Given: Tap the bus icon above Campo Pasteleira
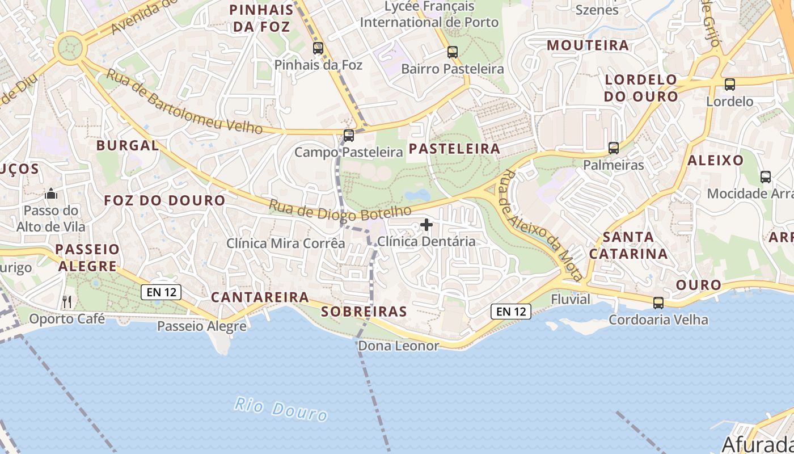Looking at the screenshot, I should coord(349,136).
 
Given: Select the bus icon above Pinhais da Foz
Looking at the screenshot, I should coord(318,48).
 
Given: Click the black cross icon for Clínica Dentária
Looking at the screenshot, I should coord(426,225).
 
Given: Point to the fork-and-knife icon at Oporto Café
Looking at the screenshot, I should coord(67,301).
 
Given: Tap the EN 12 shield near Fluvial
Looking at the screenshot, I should coord(511,311).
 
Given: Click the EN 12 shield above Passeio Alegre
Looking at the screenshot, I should coord(161,292).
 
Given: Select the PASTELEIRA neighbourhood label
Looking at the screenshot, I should coord(454,149).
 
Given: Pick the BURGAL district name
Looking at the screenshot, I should coord(128,145).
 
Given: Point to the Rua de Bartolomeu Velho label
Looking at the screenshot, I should coord(184,102).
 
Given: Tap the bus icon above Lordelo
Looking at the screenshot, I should coord(730,85).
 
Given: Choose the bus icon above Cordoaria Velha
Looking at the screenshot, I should coord(658,302).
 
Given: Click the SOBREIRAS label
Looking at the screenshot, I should coord(364,312).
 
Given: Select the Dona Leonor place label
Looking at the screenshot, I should coord(399,346).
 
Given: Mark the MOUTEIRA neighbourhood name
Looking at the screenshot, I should coord(588,45).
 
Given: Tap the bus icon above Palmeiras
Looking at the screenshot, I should coord(614,148).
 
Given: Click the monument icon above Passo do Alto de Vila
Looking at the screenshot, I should coord(51,194).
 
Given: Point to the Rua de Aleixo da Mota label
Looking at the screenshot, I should coord(542,225).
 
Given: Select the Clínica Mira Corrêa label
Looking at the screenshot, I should coord(286,243).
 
